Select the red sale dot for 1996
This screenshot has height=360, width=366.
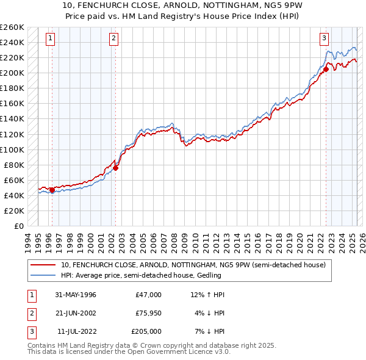52,190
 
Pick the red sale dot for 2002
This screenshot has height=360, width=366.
116,168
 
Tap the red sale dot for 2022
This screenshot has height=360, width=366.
326,69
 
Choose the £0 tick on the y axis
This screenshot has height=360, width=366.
20,226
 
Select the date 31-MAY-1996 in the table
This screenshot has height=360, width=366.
76,295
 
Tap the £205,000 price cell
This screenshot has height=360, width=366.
146,331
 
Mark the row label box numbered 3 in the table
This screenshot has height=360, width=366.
31,331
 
